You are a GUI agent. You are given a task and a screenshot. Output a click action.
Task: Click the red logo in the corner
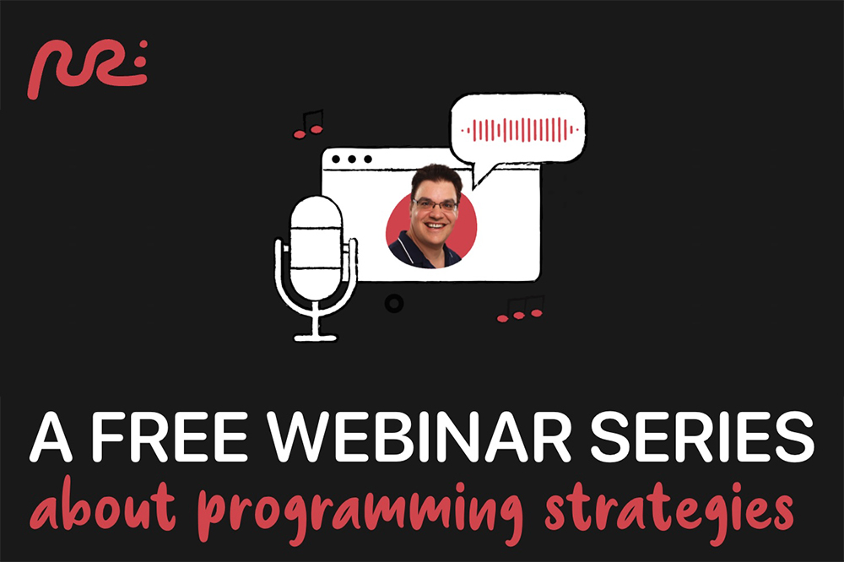87,68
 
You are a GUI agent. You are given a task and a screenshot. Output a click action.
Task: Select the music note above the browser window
309,125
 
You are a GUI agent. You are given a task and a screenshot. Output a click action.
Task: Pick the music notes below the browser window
521,310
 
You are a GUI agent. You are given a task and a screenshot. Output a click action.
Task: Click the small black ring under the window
393,303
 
